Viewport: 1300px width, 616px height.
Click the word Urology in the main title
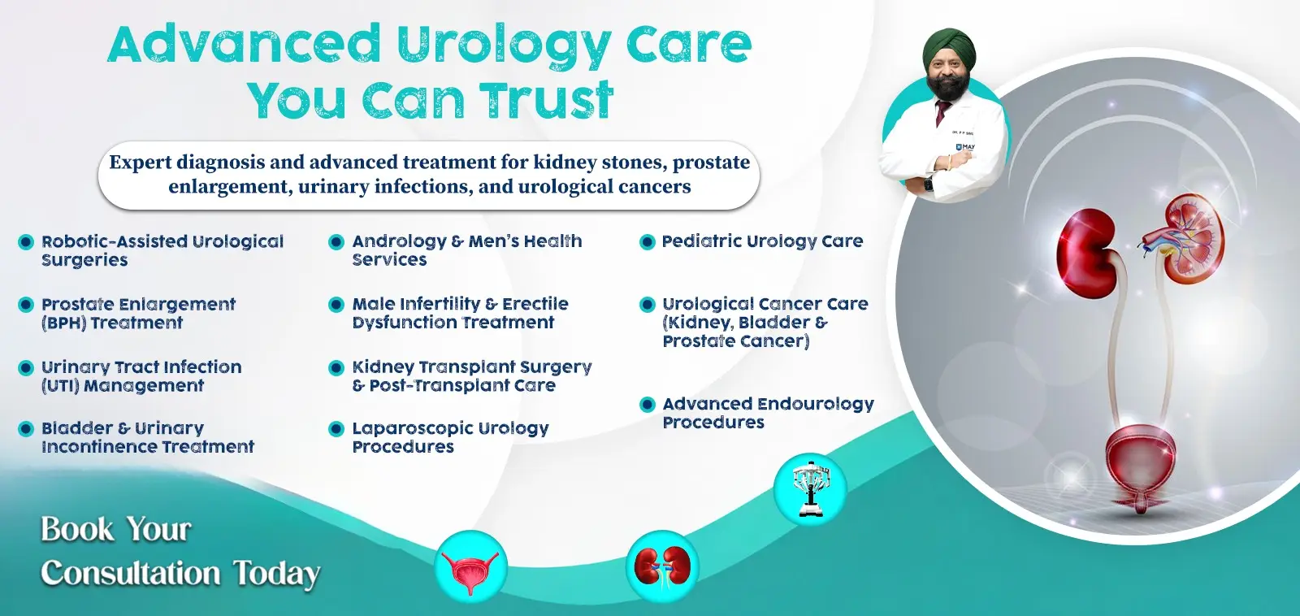point(504,45)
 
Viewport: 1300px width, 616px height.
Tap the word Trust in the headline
point(545,101)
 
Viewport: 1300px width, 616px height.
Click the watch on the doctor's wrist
point(929,184)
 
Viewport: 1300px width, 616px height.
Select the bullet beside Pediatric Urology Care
point(648,242)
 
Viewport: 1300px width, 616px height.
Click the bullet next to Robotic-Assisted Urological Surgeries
point(26,242)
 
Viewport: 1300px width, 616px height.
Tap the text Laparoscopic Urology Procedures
point(449,437)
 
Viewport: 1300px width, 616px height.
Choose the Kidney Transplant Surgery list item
point(471,376)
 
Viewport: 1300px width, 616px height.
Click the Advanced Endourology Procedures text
point(768,413)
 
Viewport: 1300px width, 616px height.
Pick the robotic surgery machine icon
point(810,488)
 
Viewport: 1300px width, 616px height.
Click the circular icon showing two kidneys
point(662,566)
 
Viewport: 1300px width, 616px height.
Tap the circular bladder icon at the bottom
point(471,567)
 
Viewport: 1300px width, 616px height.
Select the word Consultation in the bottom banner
point(130,573)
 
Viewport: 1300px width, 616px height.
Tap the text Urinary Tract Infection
point(141,367)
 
